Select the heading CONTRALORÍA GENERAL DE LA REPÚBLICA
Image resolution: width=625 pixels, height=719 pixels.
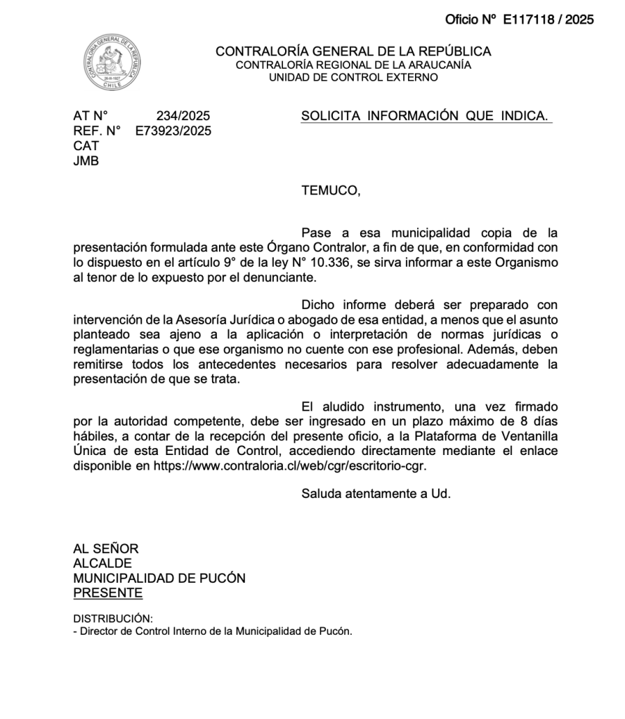coord(353,51)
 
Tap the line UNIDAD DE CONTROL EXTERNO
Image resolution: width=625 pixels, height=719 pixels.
coord(353,77)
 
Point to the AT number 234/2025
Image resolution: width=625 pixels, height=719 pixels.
coord(183,116)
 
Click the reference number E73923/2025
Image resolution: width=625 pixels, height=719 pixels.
coord(173,131)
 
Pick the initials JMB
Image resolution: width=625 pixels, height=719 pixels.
coord(86,161)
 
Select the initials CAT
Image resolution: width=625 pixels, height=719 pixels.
coord(86,146)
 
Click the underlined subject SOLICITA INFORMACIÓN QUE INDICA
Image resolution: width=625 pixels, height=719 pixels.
coord(425,116)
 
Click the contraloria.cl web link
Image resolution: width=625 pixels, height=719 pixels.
coord(290,466)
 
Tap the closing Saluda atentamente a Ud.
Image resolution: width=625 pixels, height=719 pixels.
coord(376,493)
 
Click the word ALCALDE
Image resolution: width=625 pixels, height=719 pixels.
coord(103,563)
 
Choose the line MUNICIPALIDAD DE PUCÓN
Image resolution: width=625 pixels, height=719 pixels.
coord(159,578)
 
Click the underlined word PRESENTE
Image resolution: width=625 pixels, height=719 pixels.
coord(107,593)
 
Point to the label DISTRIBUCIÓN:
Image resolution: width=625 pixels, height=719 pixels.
coord(112,619)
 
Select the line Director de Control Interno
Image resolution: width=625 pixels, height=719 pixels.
coord(213,631)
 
